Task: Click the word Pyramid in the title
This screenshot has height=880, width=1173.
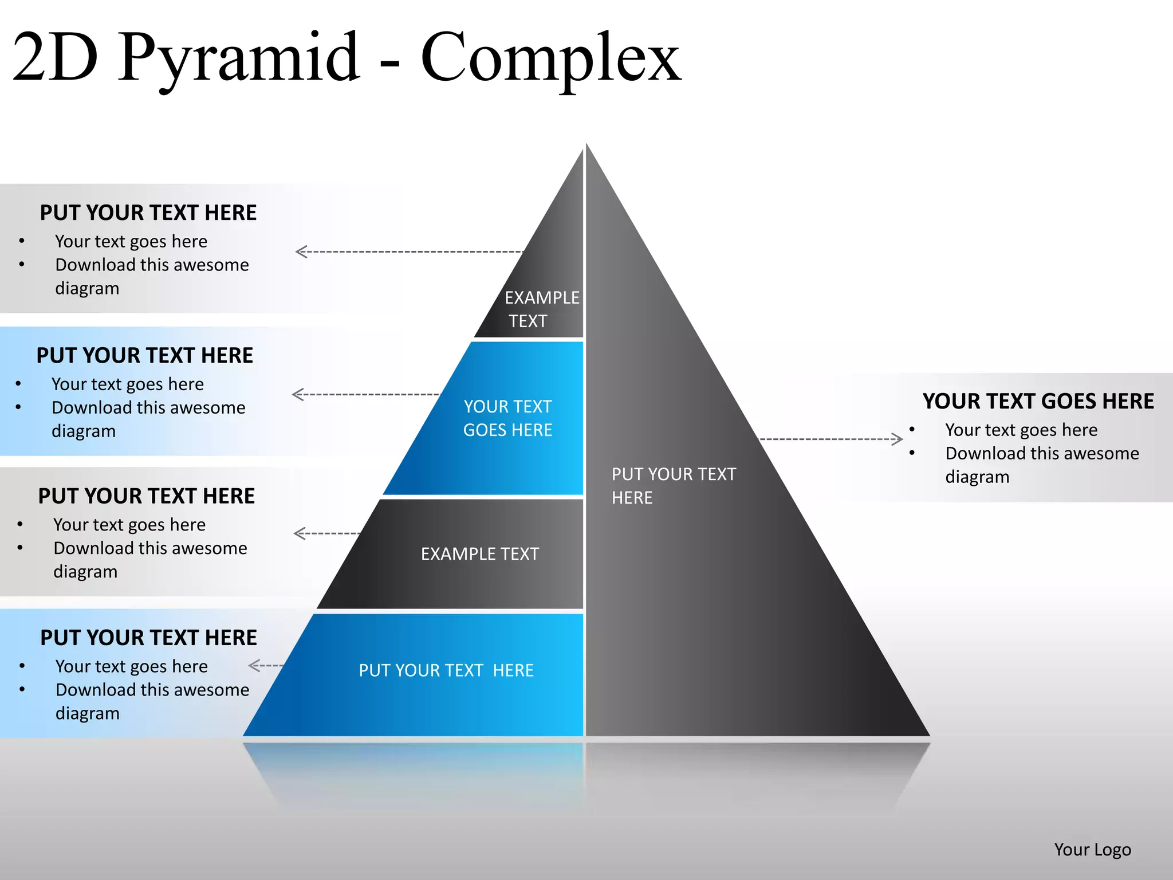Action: click(x=239, y=57)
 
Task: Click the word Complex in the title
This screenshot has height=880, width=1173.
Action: click(x=551, y=57)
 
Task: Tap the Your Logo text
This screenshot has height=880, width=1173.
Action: click(x=1092, y=849)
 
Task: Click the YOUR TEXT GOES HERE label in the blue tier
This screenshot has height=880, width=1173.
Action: click(x=507, y=418)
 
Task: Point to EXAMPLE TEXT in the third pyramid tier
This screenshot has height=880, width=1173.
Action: click(x=480, y=554)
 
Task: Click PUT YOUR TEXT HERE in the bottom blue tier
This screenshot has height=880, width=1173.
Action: click(x=446, y=670)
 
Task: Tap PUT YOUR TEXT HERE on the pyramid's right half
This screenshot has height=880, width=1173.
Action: click(x=674, y=486)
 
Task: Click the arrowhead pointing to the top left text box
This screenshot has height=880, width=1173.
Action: click(x=301, y=252)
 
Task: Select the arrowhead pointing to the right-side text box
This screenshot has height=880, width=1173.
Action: click(x=898, y=439)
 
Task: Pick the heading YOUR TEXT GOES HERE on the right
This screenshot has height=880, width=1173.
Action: click(x=1038, y=401)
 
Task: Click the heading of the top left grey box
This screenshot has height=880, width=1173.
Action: click(x=148, y=213)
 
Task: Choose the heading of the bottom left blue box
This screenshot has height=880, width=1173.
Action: click(x=148, y=638)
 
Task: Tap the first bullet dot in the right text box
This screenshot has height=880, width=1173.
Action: click(x=912, y=430)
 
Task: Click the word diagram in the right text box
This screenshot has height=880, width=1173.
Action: click(x=977, y=477)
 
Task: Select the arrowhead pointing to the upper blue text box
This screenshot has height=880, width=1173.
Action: click(x=297, y=394)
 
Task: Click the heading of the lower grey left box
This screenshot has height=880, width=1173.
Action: click(x=147, y=496)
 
